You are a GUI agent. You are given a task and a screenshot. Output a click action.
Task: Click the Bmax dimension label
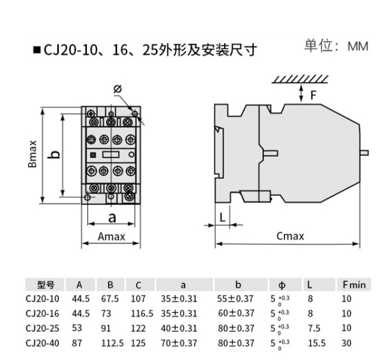(x=32, y=154)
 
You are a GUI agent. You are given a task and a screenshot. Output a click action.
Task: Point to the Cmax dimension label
(x=290, y=236)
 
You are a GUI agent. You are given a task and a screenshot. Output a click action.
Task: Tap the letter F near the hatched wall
(x=313, y=95)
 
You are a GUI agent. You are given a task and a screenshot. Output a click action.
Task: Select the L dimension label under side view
(x=222, y=216)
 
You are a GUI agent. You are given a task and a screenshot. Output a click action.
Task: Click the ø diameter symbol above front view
(x=117, y=89)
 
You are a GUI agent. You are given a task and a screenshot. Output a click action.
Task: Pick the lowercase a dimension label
(x=112, y=217)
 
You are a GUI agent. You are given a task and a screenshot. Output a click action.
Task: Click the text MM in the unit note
(x=358, y=46)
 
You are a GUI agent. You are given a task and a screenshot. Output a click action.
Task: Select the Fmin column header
(x=353, y=284)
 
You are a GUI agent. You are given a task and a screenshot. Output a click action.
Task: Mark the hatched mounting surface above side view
(x=301, y=80)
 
